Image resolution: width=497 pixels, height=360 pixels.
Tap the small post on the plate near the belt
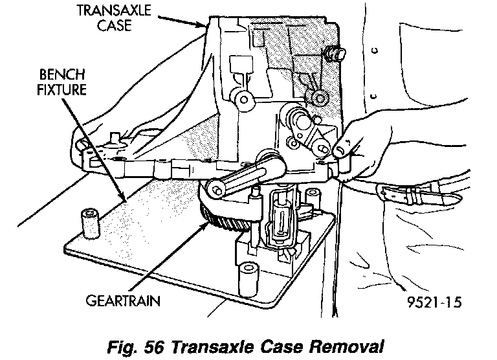click(x=315, y=195)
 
